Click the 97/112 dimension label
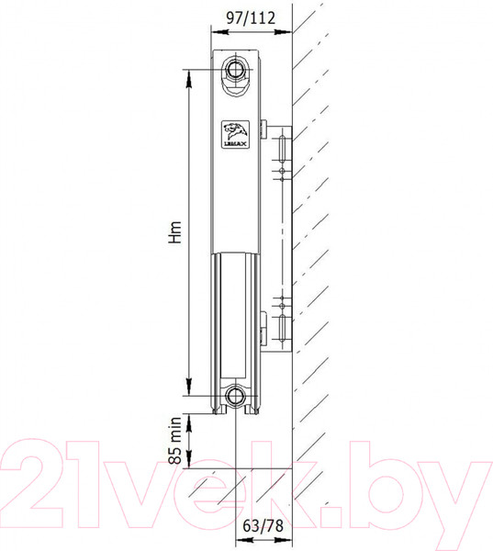tap(251, 18)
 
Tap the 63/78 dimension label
tap(263, 526)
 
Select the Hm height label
tap(175, 232)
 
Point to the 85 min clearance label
tap(175, 441)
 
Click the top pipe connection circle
tap(234, 69)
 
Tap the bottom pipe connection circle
tap(234, 396)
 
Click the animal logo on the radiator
tap(235, 134)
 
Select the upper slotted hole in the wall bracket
tap(282, 149)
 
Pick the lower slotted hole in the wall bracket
tap(282, 328)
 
